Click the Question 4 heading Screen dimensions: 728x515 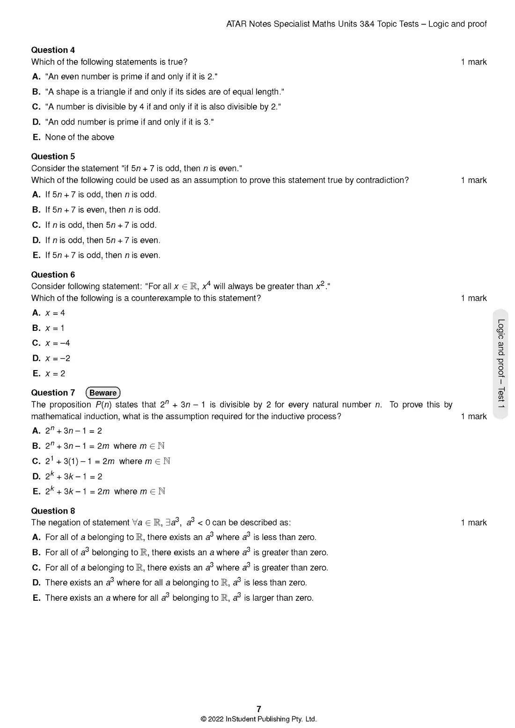(x=53, y=50)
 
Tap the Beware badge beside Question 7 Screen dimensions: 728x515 (x=103, y=393)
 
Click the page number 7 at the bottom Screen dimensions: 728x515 (x=259, y=709)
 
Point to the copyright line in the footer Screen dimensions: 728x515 (x=258, y=719)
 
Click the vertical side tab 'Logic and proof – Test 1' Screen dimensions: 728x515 (x=501, y=364)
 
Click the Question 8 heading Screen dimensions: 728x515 (x=53, y=511)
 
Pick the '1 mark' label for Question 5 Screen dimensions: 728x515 (x=473, y=180)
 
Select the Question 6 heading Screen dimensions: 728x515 (x=53, y=275)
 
